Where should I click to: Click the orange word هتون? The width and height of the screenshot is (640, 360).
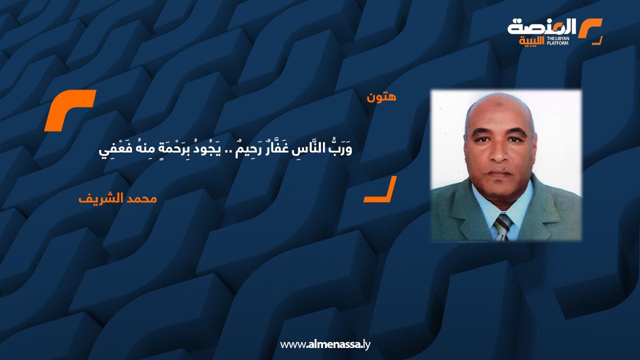pyautogui.click(x=381, y=97)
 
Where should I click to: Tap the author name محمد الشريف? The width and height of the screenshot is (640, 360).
pyautogui.click(x=117, y=198)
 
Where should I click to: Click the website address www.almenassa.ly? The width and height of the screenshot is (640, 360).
pyautogui.click(x=325, y=344)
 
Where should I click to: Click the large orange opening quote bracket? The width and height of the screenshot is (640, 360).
pyautogui.click(x=70, y=110)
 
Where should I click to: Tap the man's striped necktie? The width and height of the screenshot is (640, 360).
pyautogui.click(x=503, y=227)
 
